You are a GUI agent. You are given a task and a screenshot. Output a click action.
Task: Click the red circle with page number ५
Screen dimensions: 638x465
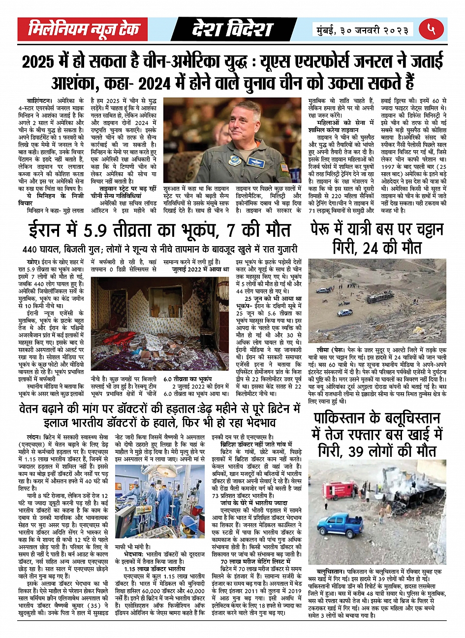click(x=431, y=30)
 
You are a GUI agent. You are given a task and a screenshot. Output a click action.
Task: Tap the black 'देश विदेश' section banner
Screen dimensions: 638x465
click(x=232, y=30)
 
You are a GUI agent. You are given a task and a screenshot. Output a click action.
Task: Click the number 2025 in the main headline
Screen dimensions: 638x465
click(x=39, y=63)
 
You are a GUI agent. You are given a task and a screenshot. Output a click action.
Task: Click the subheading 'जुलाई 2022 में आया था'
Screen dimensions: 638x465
click(x=200, y=270)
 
